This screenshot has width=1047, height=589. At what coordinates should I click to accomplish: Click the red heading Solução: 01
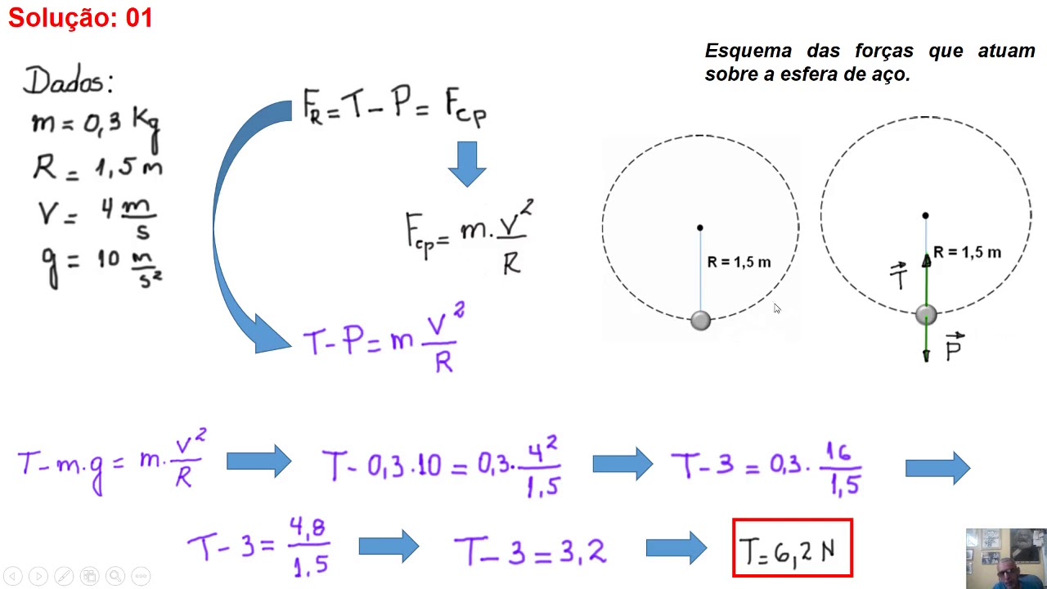pyautogui.click(x=80, y=18)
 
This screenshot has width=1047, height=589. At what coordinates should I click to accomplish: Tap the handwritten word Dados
pyautogui.click(x=63, y=80)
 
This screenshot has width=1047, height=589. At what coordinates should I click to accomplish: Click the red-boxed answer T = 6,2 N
pyautogui.click(x=793, y=548)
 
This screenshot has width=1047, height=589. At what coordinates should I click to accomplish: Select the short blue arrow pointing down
pyautogui.click(x=467, y=164)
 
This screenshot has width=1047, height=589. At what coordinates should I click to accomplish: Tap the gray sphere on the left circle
pyautogui.click(x=700, y=321)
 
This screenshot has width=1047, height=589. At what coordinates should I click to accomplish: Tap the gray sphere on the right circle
pyautogui.click(x=926, y=315)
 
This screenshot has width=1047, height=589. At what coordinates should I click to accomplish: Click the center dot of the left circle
pyautogui.click(x=699, y=227)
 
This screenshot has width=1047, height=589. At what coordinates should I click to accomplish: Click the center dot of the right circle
pyautogui.click(x=925, y=215)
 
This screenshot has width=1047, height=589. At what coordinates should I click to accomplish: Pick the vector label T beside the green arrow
pyautogui.click(x=899, y=276)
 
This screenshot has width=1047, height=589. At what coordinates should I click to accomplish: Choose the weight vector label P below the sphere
pyautogui.click(x=955, y=347)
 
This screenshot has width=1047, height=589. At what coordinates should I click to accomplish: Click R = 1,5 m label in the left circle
pyautogui.click(x=739, y=263)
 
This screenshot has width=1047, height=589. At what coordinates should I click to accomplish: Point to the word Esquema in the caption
pyautogui.click(x=748, y=51)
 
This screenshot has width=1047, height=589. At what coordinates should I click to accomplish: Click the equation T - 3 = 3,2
pyautogui.click(x=530, y=551)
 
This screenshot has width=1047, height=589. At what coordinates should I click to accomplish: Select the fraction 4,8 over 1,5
pyautogui.click(x=309, y=546)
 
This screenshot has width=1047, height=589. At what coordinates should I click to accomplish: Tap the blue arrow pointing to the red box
pyautogui.click(x=676, y=548)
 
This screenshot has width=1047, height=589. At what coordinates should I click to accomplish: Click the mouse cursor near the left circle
pyautogui.click(x=777, y=308)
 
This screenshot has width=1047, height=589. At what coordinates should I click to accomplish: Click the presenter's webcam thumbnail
pyautogui.click(x=1006, y=559)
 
